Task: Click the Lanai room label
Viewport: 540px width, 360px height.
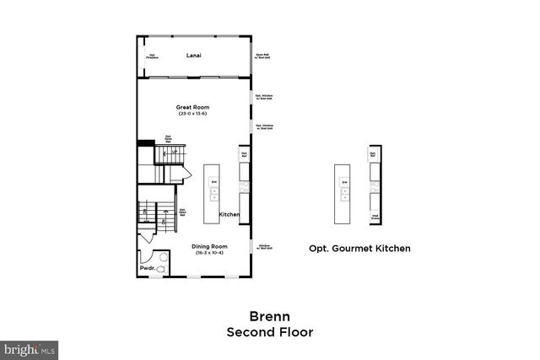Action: [x=193, y=56]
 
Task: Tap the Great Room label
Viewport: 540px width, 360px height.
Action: [x=192, y=107]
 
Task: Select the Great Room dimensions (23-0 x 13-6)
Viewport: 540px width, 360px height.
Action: [x=192, y=114]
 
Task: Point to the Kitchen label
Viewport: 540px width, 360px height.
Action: [x=229, y=214]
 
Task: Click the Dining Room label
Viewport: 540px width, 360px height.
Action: [x=200, y=246]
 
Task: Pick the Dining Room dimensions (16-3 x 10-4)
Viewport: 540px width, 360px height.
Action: [x=200, y=253]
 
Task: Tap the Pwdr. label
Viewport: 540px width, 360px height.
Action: [x=147, y=269]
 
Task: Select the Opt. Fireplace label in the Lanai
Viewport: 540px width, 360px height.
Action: [x=153, y=56]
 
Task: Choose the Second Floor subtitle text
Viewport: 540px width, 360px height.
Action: [x=269, y=331]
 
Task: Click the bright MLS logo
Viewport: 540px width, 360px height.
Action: [x=30, y=347]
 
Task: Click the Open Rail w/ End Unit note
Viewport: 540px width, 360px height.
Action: [x=262, y=56]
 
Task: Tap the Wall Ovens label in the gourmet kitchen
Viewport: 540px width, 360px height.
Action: [x=374, y=216]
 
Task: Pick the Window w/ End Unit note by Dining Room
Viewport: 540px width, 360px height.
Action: [x=263, y=246]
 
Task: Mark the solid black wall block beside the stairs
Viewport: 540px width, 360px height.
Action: [x=145, y=144]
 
